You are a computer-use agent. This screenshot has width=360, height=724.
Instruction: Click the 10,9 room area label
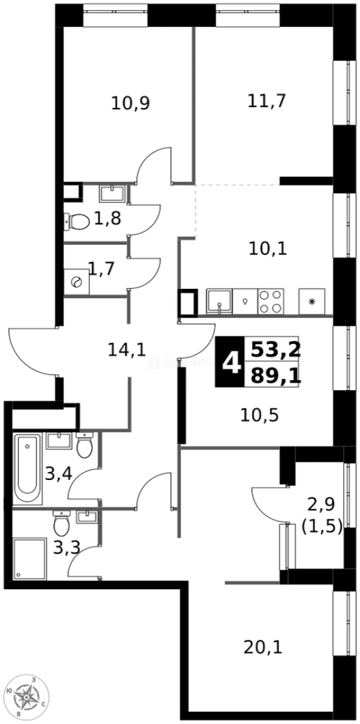tap(131, 103)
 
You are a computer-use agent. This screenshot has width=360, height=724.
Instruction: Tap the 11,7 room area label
tap(267, 101)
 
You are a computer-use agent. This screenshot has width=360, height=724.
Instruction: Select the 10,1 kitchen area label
tap(267, 249)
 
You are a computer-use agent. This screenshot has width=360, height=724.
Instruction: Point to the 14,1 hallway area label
tap(127, 349)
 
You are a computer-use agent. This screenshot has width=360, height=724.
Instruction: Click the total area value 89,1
tap(276, 376)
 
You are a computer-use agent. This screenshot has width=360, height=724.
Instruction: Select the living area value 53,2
tap(276, 349)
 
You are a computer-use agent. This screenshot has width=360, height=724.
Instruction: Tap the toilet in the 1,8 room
tap(78, 221)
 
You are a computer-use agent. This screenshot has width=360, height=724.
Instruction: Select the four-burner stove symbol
tap(271, 302)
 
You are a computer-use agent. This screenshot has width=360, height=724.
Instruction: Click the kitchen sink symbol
tap(219, 302)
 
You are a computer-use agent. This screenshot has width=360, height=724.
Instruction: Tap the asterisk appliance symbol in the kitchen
tap(312, 302)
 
